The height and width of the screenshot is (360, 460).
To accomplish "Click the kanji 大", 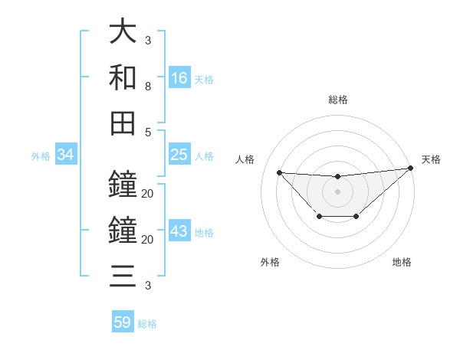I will click(x=123, y=33).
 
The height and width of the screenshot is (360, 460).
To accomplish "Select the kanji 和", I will click(x=123, y=77).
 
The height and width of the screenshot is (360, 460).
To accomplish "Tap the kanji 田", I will click(x=123, y=123).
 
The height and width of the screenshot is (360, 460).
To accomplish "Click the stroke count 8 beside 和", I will click(x=148, y=87).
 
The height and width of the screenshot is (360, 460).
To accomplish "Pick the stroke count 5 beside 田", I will click(x=148, y=132).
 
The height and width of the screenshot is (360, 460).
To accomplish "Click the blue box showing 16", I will click(x=179, y=77).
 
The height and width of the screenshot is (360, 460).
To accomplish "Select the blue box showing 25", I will click(x=179, y=155).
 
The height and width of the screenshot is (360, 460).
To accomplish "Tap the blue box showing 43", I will click(x=179, y=231).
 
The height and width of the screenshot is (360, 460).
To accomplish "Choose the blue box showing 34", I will click(x=66, y=155).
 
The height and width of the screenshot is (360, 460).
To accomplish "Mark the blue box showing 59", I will click(x=123, y=322).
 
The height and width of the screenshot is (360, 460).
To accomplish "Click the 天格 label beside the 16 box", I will click(x=204, y=79).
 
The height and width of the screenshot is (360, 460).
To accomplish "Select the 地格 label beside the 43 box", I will click(x=204, y=233).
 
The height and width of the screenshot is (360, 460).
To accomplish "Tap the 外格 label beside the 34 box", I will click(x=41, y=156).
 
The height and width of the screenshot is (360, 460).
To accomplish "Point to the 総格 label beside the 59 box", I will click(x=147, y=324).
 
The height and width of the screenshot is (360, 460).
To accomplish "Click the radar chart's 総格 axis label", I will click(x=337, y=100).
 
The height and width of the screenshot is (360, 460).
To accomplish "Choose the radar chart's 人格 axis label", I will click(x=245, y=159).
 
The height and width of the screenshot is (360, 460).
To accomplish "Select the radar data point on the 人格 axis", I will click(x=279, y=172).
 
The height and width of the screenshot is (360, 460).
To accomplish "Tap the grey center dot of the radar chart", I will click(x=337, y=191).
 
